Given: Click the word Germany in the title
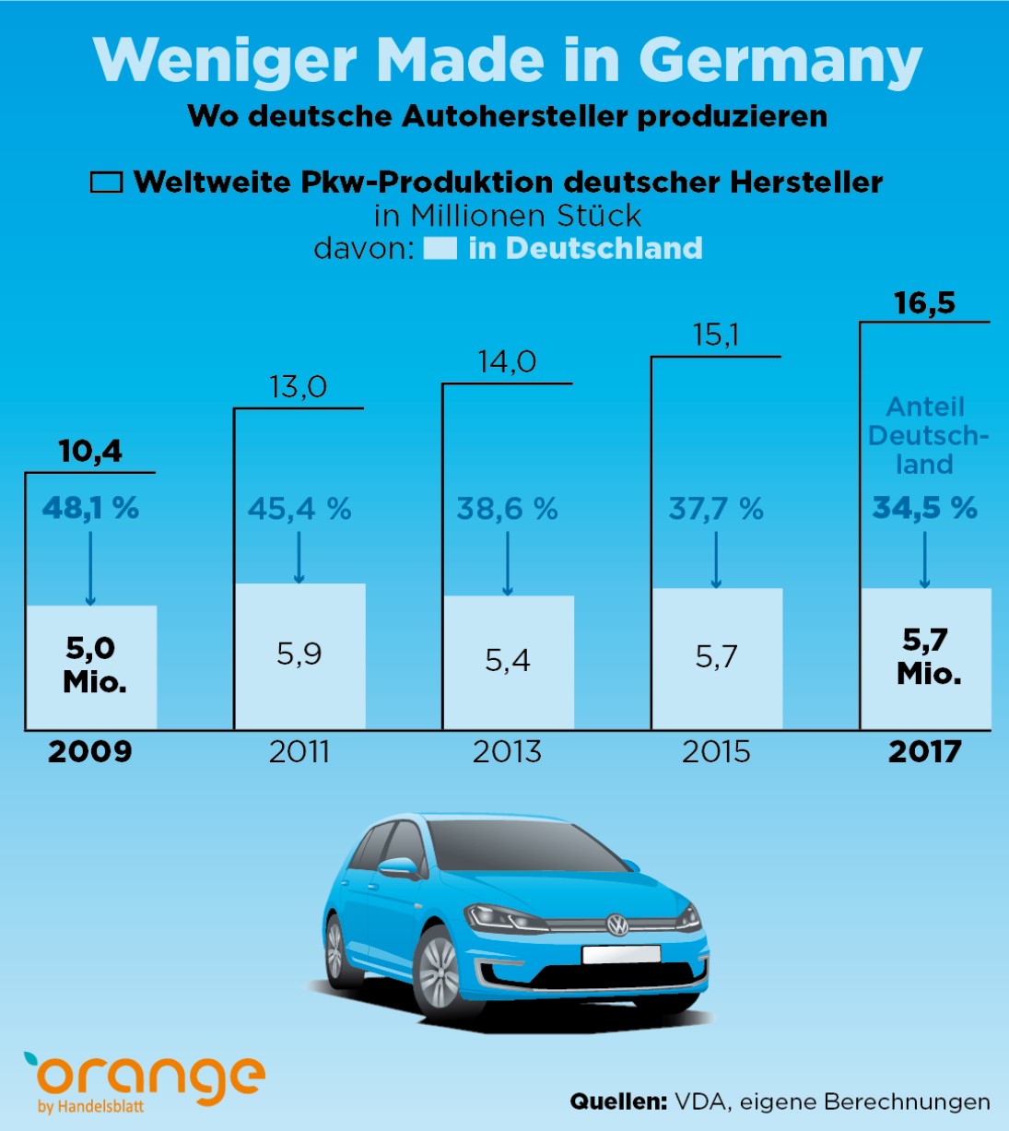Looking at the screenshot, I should click(780, 61).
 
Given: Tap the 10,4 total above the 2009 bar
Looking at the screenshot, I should click(90, 451).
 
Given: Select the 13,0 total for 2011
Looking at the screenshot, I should click(298, 387).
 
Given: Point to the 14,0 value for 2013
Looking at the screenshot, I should click(507, 361).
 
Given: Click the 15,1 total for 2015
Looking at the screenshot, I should click(716, 335).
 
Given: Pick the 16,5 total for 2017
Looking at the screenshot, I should click(924, 302).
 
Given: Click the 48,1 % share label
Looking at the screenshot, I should click(90, 508).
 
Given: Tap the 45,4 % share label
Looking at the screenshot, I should click(299, 509).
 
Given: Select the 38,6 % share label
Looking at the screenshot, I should click(507, 509).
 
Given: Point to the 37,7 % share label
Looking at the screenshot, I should click(716, 509).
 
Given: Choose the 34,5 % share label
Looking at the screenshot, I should click(924, 508).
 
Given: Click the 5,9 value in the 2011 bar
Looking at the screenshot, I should click(299, 654).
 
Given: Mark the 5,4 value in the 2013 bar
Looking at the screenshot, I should click(507, 660).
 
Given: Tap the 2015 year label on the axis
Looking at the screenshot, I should click(716, 752).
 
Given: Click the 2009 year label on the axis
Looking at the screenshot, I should click(90, 752).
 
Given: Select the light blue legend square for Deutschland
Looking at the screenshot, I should click(440, 249).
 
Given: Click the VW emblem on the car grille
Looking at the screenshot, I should click(616, 925).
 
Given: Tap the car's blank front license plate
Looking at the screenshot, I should click(621, 954).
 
